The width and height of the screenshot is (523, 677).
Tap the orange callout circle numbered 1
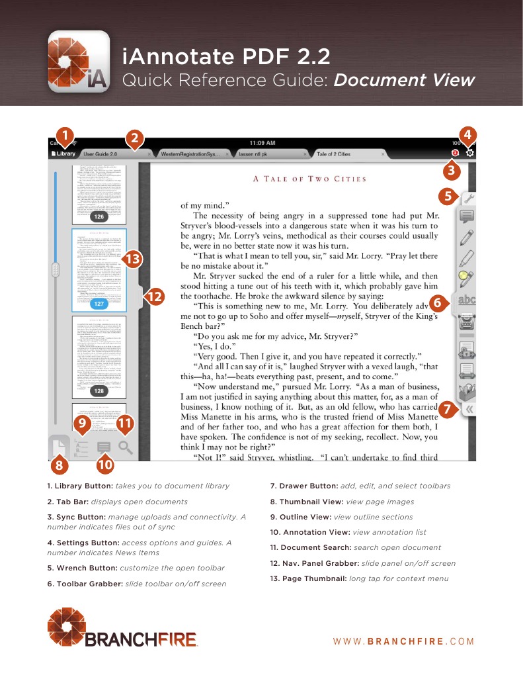(64, 136)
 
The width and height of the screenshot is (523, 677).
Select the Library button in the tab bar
(63, 154)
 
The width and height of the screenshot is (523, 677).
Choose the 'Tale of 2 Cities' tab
(333, 154)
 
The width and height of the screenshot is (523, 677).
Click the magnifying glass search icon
(126, 447)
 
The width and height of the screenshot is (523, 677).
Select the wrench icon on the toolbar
(467, 197)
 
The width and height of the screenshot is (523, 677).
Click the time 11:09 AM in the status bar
(262, 143)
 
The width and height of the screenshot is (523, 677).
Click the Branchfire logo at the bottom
(122, 629)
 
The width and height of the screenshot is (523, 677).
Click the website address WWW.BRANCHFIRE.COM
(403, 641)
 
